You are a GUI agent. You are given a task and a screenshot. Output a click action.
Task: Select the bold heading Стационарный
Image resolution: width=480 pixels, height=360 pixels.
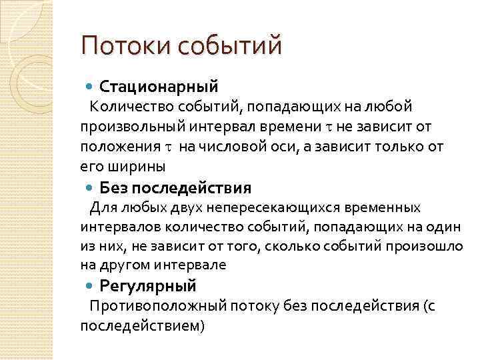(159, 86)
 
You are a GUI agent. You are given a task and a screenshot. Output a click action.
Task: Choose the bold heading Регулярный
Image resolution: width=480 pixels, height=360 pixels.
(148, 287)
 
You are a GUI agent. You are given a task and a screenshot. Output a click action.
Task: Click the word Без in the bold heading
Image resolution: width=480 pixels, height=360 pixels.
(113, 187)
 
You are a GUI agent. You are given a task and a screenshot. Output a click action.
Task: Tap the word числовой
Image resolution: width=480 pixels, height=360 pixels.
(226, 147)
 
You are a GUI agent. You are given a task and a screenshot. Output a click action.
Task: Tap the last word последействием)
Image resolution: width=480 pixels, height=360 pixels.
(143, 326)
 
